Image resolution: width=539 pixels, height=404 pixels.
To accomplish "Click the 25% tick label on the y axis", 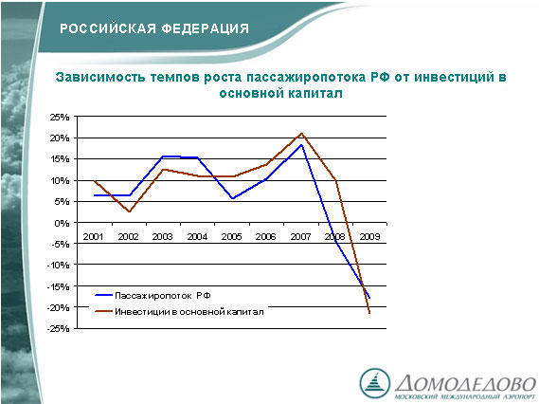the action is tap(60, 118).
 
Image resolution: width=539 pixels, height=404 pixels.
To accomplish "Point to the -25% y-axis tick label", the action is tap(58, 329).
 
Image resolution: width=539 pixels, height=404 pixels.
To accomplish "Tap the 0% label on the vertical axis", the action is tap(62, 223).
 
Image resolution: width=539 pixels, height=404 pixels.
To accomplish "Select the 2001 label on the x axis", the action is tap(93, 237).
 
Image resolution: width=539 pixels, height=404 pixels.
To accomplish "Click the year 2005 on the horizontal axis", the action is tap(232, 237).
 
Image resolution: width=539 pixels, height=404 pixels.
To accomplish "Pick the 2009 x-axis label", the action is tap(369, 237).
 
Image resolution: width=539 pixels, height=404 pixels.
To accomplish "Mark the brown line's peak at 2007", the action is tap(301, 134).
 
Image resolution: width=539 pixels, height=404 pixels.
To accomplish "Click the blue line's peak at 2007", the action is tap(301, 145).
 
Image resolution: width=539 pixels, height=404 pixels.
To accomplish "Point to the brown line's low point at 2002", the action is tap(129, 211).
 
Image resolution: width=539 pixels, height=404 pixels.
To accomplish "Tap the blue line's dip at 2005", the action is tap(233, 198).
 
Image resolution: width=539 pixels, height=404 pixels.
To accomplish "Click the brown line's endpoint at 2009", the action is tap(369, 313).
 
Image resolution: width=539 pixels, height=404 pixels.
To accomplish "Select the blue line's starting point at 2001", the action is tap(94, 195).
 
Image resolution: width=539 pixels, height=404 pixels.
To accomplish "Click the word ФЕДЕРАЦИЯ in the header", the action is tap(206, 28).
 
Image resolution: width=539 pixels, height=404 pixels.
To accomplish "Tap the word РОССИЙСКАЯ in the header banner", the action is tap(108, 28).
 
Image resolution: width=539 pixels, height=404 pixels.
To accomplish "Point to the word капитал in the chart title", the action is tap(314, 94).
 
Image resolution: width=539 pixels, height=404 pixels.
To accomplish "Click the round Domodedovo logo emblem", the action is tap(375, 383).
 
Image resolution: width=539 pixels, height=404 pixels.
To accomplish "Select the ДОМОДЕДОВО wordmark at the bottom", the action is tap(465, 383).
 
